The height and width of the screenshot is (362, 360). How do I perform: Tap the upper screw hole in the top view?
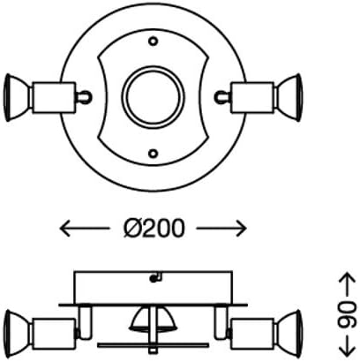(x=153, y=41)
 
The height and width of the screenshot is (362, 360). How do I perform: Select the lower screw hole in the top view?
(x=153, y=153)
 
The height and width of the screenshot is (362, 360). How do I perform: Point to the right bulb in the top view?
(x=289, y=92)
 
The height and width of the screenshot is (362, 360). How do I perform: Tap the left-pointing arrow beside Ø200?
(x=79, y=229)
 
